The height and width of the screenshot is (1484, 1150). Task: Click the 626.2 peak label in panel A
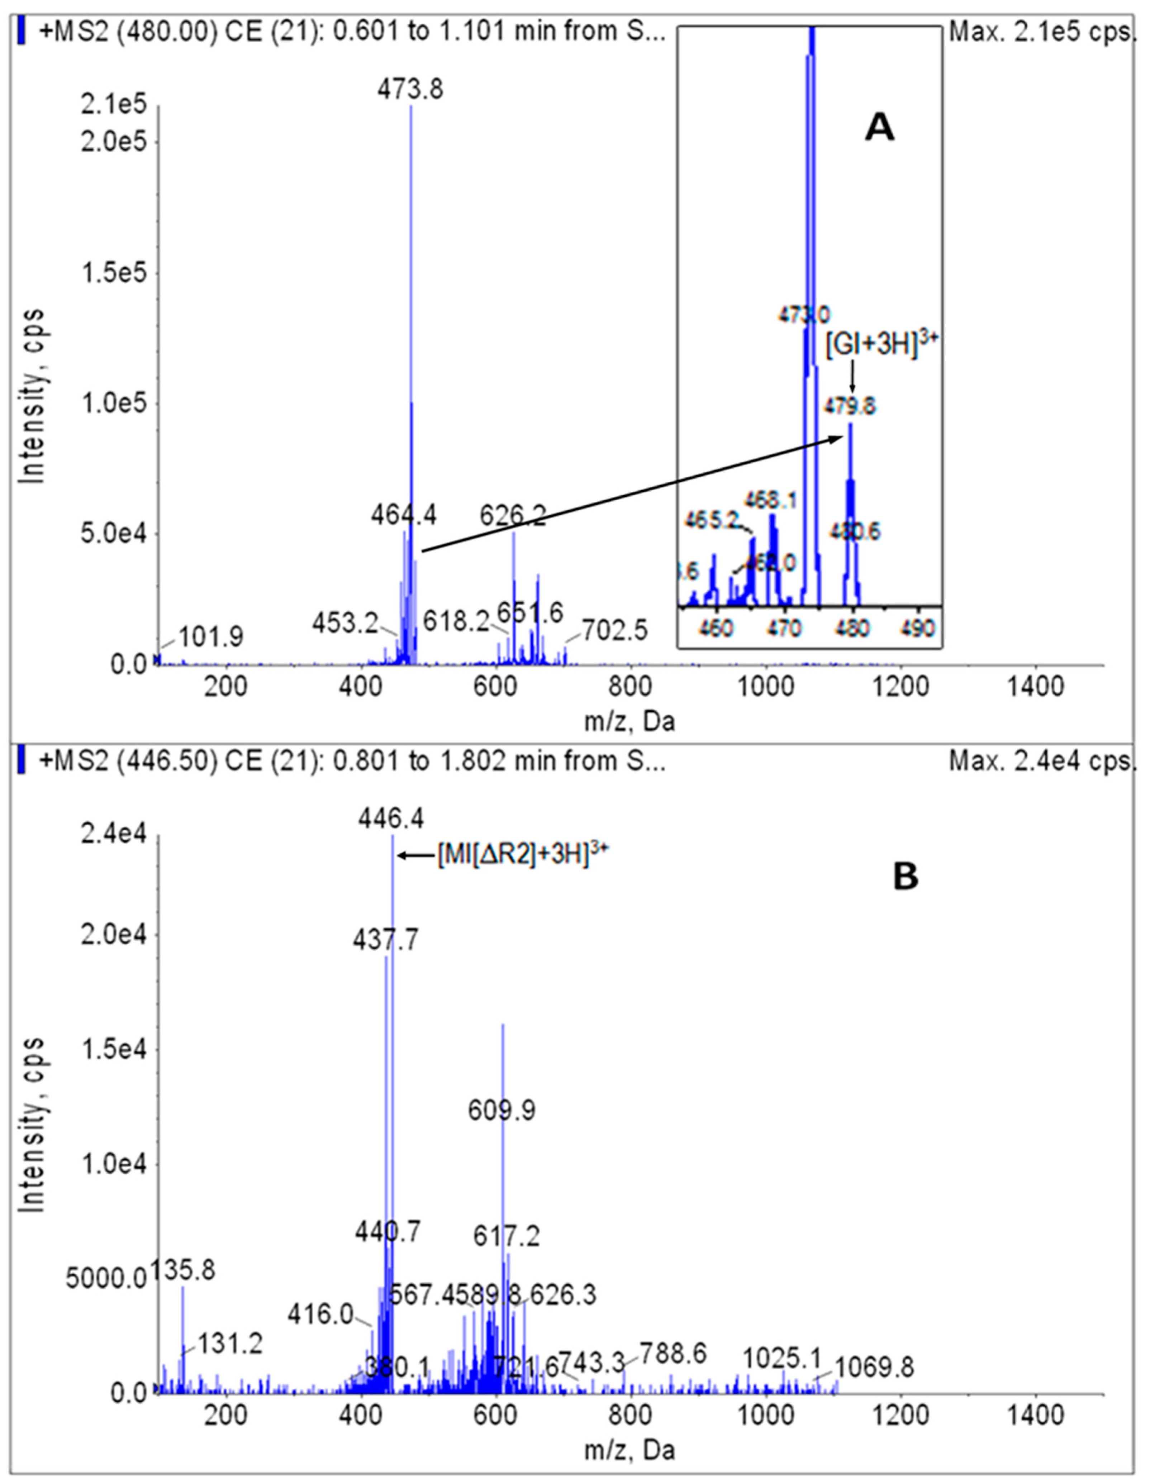pyautogui.click(x=513, y=516)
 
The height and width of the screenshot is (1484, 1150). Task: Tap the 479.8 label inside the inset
pyautogui.click(x=850, y=406)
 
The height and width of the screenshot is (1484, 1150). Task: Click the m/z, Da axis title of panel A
pyautogui.click(x=630, y=722)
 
